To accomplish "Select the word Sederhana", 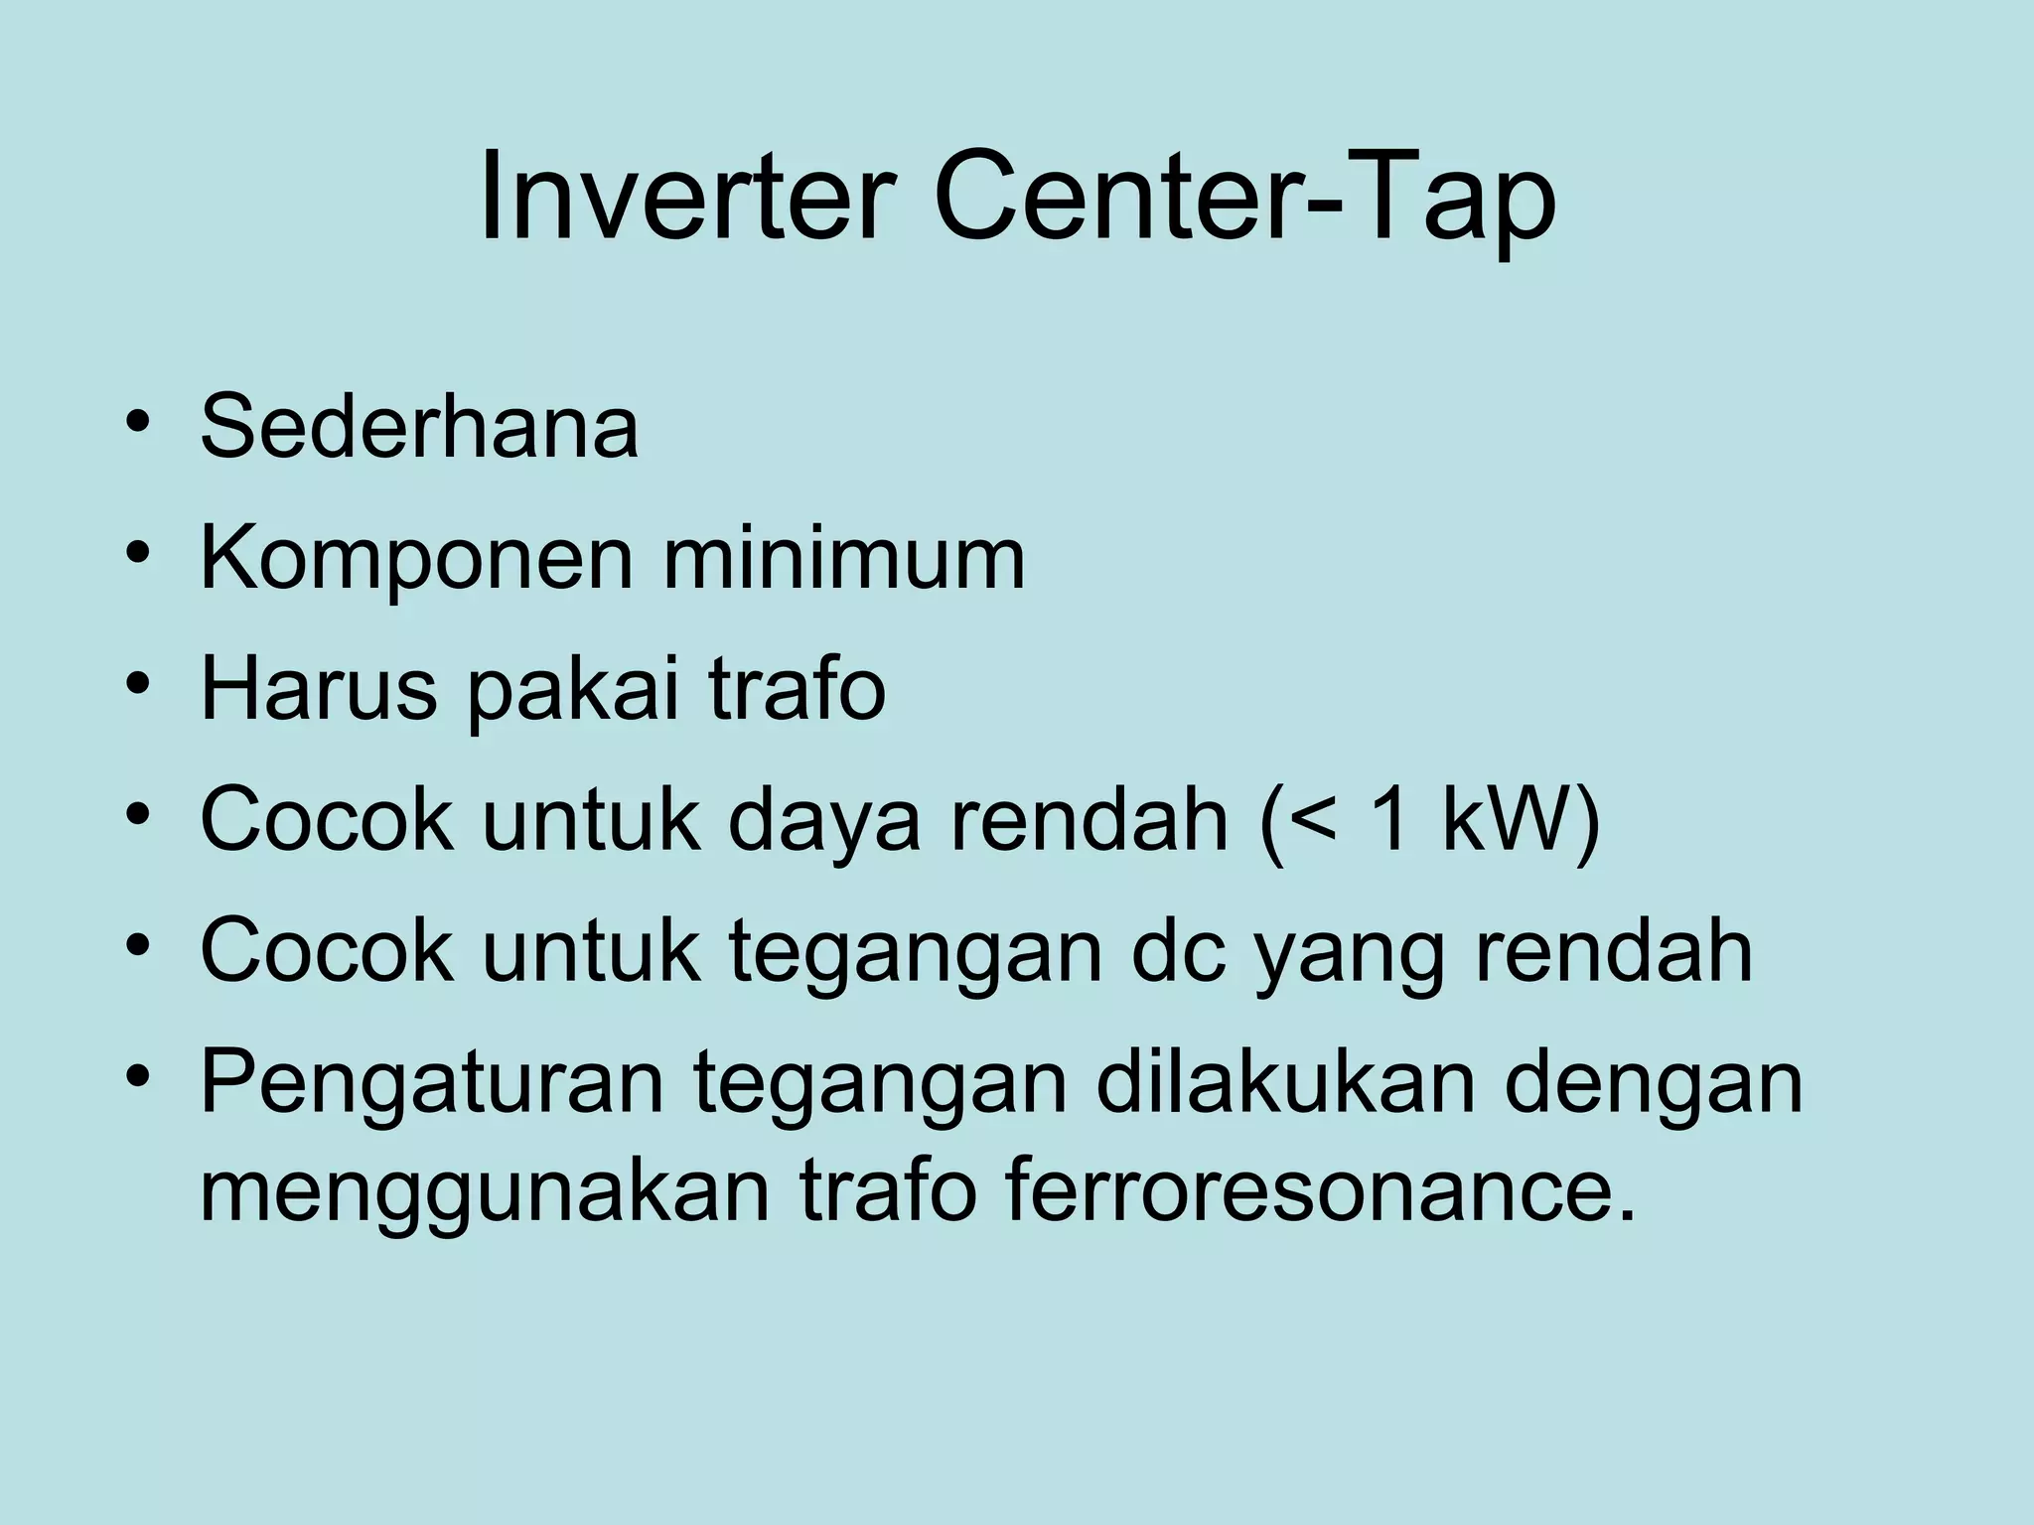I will tap(419, 427).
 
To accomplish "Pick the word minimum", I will tap(844, 559).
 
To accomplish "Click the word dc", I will tap(1178, 950).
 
